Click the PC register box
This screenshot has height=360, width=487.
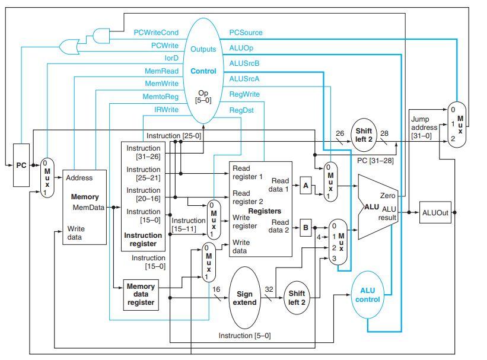coord(21,165)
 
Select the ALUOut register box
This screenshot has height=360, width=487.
coord(435,212)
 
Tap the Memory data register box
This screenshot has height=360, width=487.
coord(141,295)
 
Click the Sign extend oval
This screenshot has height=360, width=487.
coord(244,298)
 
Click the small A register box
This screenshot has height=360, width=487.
coord(305,186)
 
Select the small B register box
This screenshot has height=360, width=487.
coord(305,227)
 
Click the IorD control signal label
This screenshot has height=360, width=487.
coord(171,58)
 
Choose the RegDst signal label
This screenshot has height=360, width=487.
coord(241,110)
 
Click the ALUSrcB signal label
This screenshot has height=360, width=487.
coord(244,63)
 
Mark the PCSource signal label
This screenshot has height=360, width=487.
coord(246,33)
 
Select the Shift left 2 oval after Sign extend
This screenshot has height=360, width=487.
coord(297,298)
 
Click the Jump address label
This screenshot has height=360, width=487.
coord(424,127)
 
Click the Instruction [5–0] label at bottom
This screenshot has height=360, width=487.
coord(244,336)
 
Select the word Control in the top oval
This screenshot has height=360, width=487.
coord(203,71)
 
